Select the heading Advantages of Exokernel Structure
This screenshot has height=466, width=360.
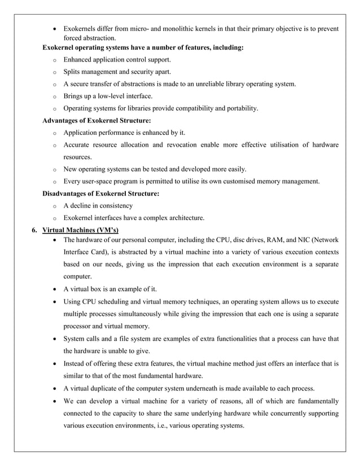click(x=96, y=120)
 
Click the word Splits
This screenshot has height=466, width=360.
click(x=73, y=72)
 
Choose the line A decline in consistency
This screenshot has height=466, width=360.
click(x=98, y=205)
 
